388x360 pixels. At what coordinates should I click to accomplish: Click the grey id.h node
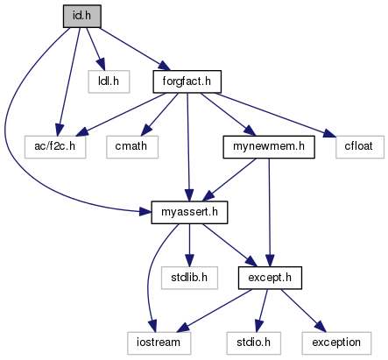(x=82, y=16)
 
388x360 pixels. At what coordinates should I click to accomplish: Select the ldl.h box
(x=109, y=81)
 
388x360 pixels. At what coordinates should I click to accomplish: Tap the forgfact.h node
(x=187, y=81)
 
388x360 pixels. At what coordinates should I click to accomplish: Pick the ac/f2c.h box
(x=55, y=146)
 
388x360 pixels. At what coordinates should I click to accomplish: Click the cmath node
(x=132, y=146)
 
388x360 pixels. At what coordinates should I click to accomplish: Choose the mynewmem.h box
(x=269, y=146)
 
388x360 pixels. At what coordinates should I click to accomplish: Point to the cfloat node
(x=360, y=146)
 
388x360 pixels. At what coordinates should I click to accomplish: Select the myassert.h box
(x=189, y=212)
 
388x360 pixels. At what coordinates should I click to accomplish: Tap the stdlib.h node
(x=189, y=278)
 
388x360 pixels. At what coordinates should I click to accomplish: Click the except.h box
(x=270, y=278)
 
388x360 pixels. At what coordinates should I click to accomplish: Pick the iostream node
(x=159, y=342)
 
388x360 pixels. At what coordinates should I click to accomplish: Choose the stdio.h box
(x=253, y=342)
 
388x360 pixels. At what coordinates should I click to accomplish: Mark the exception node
(x=336, y=342)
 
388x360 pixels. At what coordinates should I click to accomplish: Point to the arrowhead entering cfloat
(x=329, y=133)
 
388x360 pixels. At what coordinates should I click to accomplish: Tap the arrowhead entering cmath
(x=147, y=129)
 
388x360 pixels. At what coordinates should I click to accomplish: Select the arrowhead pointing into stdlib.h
(x=189, y=260)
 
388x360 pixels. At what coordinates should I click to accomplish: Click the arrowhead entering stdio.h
(x=259, y=325)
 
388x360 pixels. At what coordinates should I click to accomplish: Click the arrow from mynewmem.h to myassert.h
(x=229, y=180)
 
